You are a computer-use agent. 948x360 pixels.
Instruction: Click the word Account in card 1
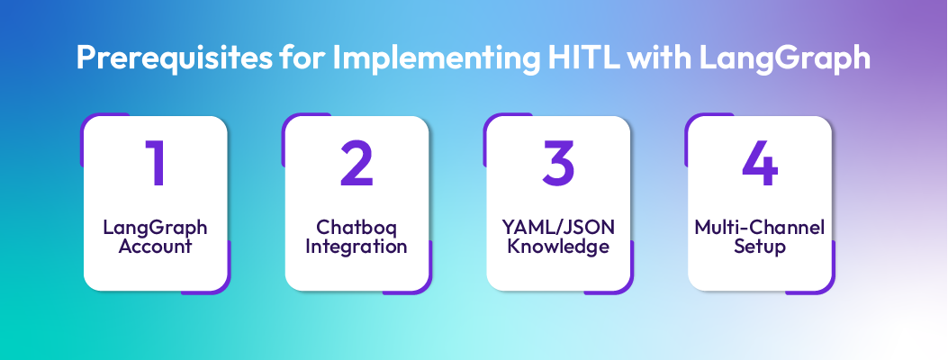(155, 246)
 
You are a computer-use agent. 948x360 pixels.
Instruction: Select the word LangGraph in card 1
(155, 228)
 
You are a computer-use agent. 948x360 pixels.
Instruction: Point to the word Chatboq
(357, 228)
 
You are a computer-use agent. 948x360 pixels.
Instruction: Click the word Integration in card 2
(357, 246)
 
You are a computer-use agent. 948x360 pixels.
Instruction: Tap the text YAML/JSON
(558, 228)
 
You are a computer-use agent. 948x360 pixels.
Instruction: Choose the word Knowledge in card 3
(558, 246)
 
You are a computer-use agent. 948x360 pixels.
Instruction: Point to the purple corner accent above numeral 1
(90, 124)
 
